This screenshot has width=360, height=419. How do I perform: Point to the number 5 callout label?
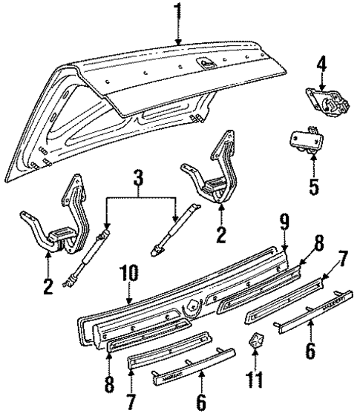pyautogui.click(x=313, y=185)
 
